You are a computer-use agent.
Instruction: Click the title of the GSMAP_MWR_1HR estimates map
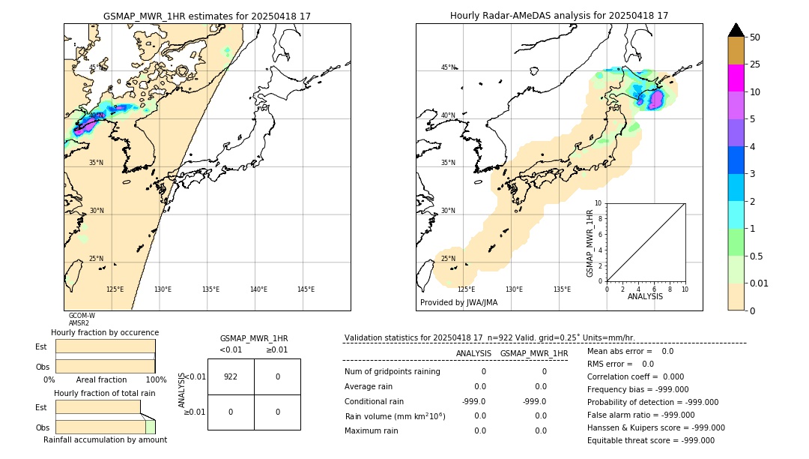207,16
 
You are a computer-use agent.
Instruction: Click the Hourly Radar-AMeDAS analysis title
559,16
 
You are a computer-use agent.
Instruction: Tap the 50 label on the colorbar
755,37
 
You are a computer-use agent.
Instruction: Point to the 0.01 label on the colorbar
758,283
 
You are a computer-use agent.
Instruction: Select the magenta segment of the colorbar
736,78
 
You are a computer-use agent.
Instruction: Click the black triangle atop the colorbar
736,30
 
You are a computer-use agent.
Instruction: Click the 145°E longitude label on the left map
306,289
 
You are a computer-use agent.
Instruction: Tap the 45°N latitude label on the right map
448,67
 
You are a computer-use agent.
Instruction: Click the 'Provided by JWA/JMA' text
458,303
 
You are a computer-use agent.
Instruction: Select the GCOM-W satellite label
82,316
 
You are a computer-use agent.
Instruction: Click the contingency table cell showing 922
231,376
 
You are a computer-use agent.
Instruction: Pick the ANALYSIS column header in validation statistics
473,353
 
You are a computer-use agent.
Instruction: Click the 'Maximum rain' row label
372,430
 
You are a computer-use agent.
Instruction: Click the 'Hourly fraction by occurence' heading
105,332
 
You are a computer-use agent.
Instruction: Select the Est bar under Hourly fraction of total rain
97,406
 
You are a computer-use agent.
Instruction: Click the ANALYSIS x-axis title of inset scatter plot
645,296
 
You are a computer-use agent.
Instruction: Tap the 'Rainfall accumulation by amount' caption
105,439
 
